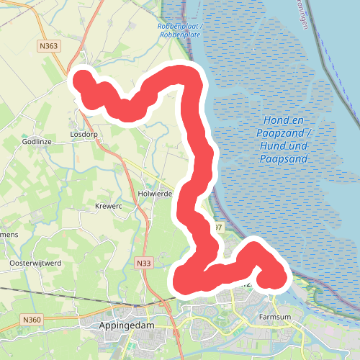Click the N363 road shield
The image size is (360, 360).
[50, 46]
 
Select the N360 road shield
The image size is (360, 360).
[32, 319]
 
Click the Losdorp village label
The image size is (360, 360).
[84, 135]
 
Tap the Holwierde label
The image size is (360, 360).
[153, 194]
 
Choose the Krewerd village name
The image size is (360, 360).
[109, 207]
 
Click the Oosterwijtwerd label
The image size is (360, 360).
[35, 264]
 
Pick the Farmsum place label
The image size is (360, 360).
[274, 316]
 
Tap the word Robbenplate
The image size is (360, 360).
[180, 35]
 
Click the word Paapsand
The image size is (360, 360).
[287, 158]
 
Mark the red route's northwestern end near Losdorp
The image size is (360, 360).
[82, 79]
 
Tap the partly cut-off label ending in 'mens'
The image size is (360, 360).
[9, 235]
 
